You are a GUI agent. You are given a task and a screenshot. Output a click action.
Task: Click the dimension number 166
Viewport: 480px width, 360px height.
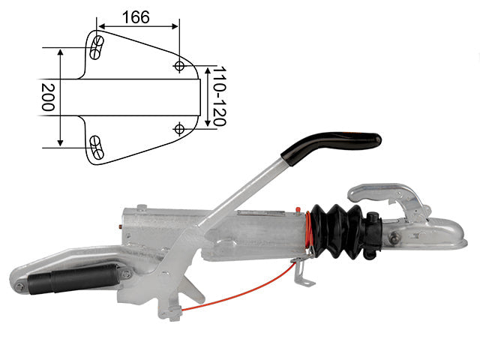[x=136, y=17]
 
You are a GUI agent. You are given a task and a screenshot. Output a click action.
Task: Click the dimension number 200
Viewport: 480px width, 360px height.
[x=48, y=97]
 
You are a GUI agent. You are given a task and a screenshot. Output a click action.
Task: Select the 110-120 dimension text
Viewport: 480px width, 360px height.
[x=220, y=96]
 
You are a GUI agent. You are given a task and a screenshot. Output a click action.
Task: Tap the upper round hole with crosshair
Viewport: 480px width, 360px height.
[x=179, y=65]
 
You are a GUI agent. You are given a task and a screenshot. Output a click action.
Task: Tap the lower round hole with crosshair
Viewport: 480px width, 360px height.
[x=179, y=129]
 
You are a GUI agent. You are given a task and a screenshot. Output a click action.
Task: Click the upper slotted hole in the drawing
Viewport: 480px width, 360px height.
[x=97, y=47]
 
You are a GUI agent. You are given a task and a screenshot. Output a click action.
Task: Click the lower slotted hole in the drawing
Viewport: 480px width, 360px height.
[x=97, y=148]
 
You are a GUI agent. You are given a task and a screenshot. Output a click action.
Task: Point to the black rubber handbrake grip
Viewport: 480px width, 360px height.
[x=331, y=146]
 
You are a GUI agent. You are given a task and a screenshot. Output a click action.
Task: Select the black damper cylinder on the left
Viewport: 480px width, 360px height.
[x=73, y=278]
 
